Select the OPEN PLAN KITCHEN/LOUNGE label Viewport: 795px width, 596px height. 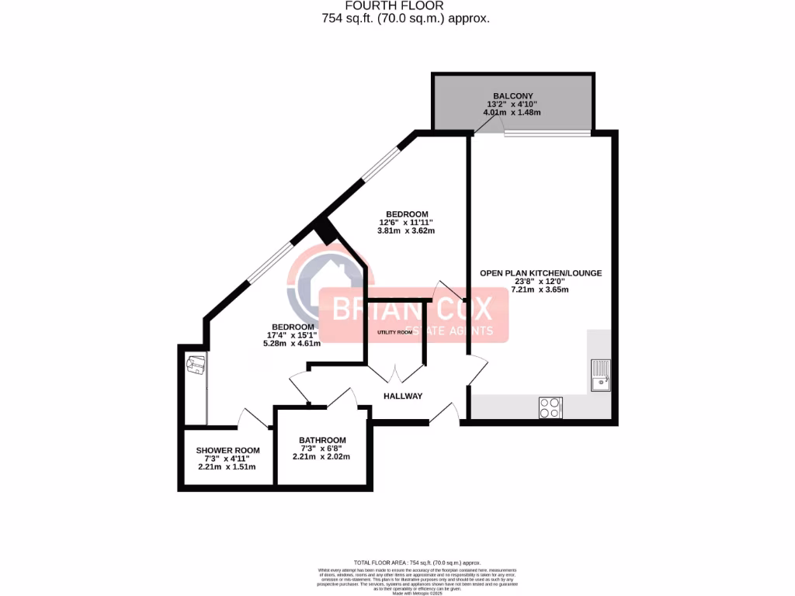coord(540,273)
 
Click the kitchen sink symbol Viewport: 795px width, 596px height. coord(601,376)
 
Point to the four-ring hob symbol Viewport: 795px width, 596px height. coord(550,407)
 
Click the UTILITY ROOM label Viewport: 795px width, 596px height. coord(394,332)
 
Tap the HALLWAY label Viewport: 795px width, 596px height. coord(403,396)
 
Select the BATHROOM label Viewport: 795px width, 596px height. coord(322,440)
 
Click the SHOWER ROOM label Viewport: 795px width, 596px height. coord(227,450)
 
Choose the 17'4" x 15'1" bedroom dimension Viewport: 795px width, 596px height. coord(293,335)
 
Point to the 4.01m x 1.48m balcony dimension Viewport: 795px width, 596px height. coord(512,113)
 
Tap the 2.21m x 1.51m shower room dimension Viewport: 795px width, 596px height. coord(227,466)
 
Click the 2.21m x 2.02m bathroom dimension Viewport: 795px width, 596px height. coord(321,456)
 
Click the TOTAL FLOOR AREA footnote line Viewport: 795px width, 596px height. coord(418,562)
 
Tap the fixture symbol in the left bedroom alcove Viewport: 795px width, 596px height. coord(195,365)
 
